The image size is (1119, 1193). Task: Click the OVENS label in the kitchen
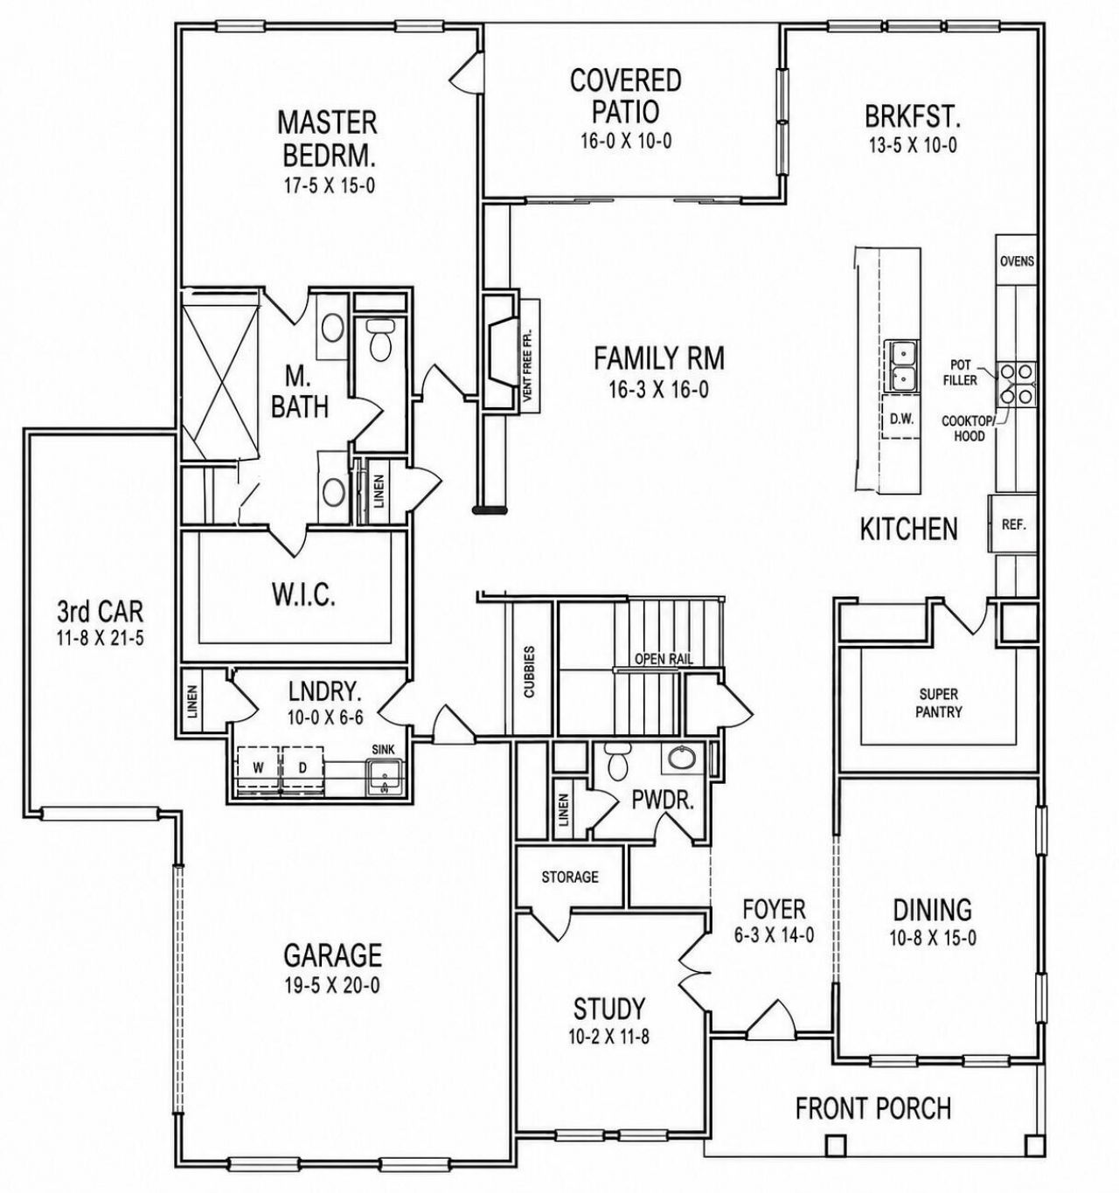coord(1017,261)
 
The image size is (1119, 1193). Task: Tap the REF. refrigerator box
coord(1013,524)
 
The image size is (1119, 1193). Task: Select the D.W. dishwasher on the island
coord(900,420)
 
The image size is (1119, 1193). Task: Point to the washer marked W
coord(259,767)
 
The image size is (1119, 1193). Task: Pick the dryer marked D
coord(302,767)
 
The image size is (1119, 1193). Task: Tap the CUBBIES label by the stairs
coord(530,671)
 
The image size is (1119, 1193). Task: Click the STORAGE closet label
coord(570,877)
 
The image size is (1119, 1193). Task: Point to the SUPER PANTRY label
coord(939,704)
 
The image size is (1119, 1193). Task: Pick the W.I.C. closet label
coord(303,597)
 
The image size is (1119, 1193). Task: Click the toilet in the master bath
coord(379,339)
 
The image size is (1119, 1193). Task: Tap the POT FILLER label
coord(963,372)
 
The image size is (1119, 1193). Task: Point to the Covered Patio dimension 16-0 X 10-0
coord(626,141)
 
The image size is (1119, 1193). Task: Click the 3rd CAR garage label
coord(101,612)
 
